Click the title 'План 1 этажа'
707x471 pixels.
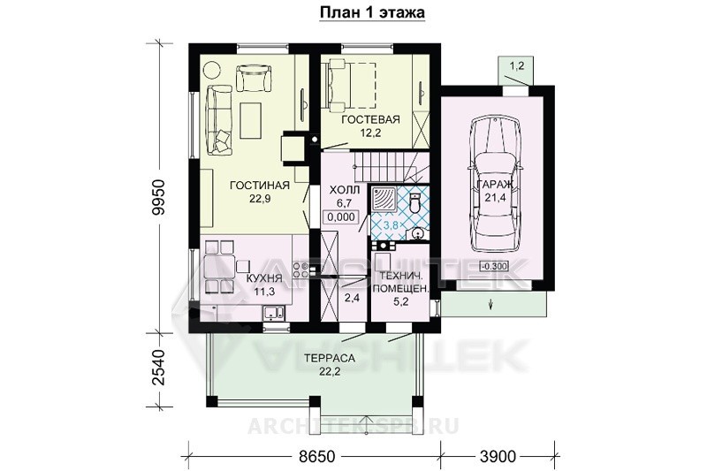[372, 12]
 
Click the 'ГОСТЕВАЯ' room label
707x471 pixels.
[370, 119]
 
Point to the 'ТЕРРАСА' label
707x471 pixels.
[330, 359]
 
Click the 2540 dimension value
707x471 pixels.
[158, 367]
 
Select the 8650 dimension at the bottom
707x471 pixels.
[317, 457]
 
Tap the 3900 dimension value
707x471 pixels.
[497, 457]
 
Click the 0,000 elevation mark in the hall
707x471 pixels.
[341, 217]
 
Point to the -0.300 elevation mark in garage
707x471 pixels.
[493, 266]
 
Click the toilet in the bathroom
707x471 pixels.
[414, 203]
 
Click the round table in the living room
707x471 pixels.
[211, 70]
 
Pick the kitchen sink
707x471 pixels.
[274, 312]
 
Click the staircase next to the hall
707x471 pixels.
[390, 167]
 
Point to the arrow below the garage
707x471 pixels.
[490, 304]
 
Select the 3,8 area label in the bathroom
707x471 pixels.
[391, 225]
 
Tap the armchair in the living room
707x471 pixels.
[255, 78]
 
